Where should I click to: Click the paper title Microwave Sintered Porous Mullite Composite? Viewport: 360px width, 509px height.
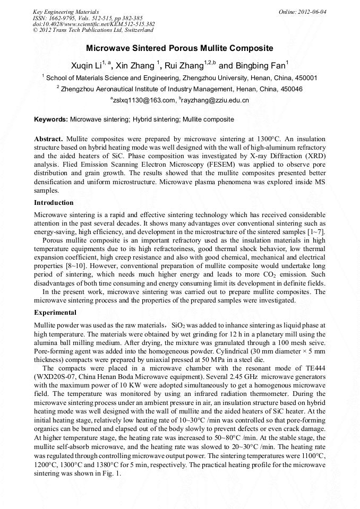[x=179, y=48]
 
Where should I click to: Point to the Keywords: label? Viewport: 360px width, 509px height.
[x=51, y=120]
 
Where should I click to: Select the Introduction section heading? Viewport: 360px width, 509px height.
[x=54, y=203]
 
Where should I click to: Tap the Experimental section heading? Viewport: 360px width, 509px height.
[x=55, y=313]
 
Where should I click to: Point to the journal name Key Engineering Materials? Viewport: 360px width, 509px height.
[x=65, y=11]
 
